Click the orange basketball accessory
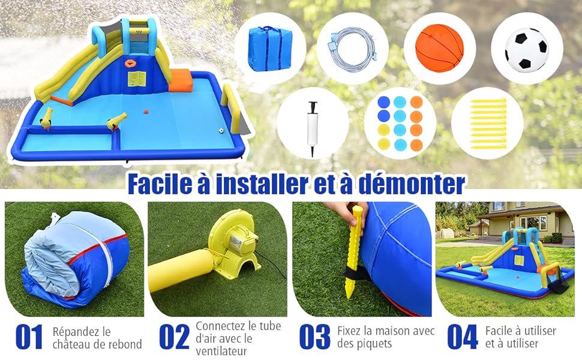[439, 48]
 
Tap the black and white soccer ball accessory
[526, 49]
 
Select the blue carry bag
[269, 49]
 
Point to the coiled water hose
[352, 49]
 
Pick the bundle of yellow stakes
[488, 124]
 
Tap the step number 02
[174, 337]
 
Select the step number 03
[314, 337]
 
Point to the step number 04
[463, 337]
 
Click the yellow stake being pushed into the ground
[355, 252]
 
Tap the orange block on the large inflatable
[180, 80]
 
